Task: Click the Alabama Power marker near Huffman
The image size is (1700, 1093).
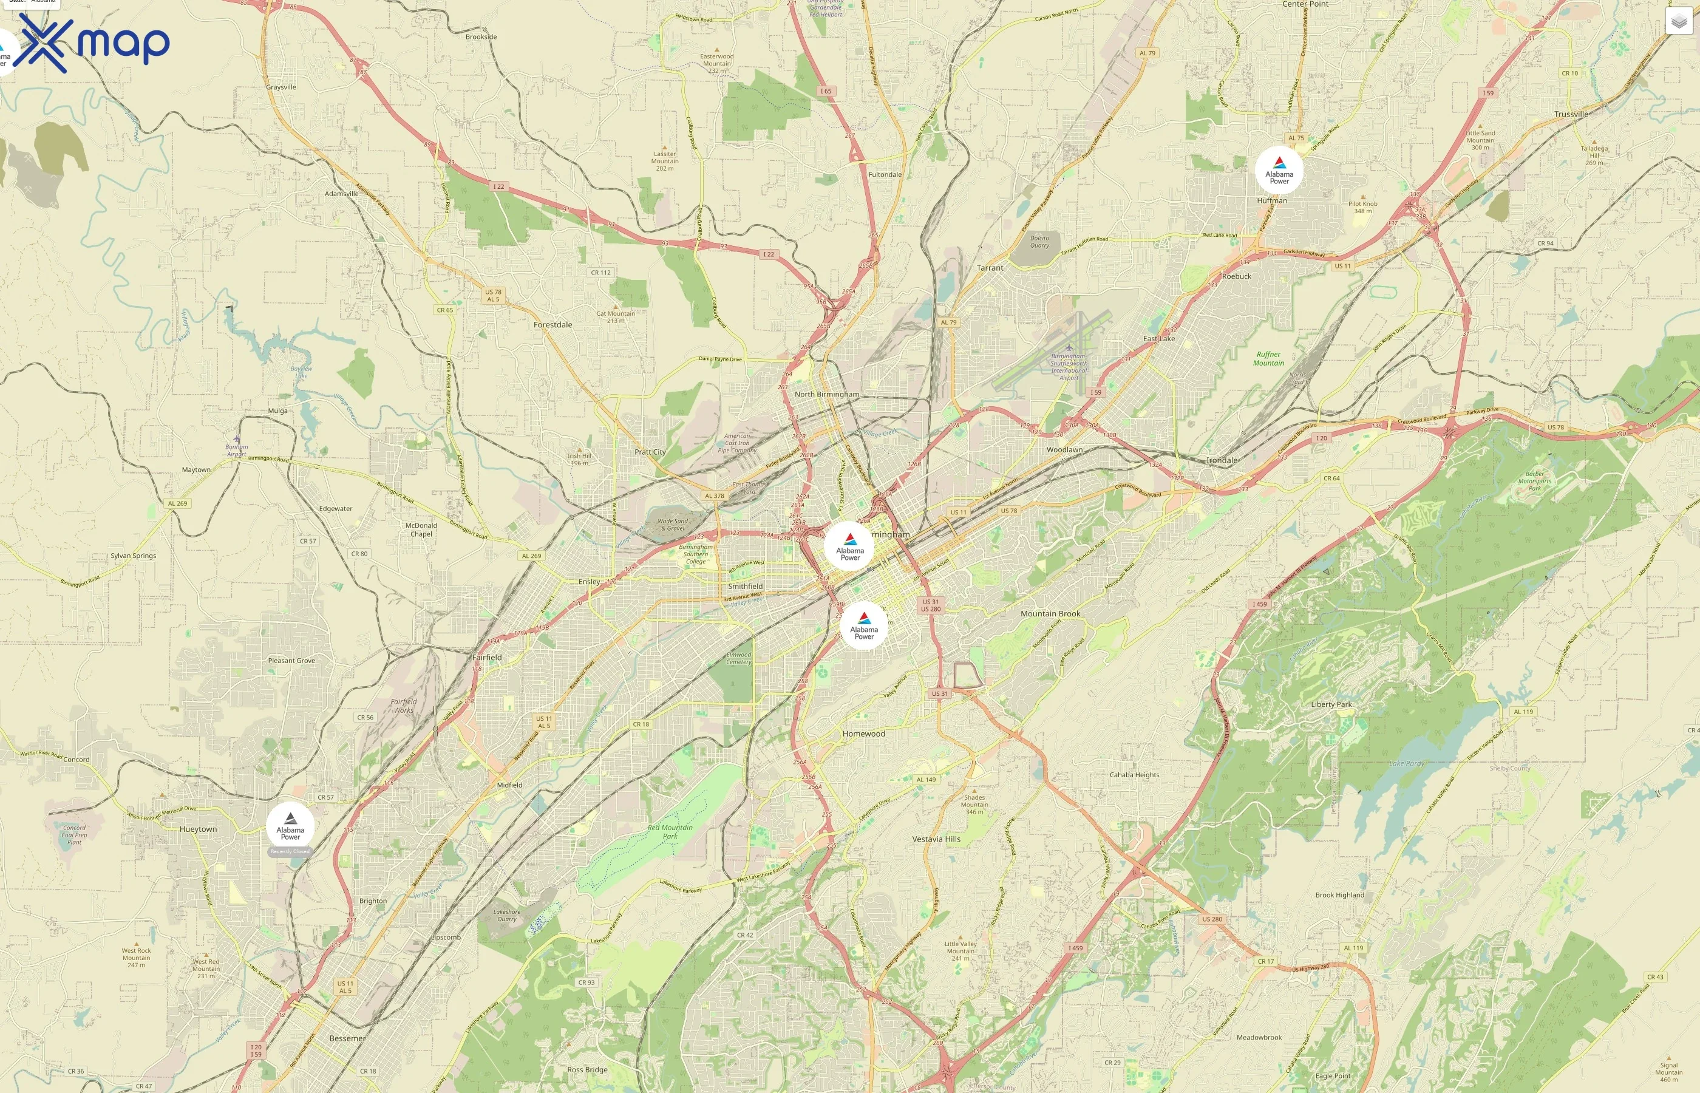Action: (1279, 171)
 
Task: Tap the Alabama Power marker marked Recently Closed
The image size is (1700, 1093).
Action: (290, 827)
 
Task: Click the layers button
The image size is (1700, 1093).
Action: (1678, 21)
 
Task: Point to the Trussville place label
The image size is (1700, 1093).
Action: (1571, 114)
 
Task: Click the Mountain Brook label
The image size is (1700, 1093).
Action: (1050, 614)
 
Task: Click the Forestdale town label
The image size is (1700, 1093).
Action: (552, 325)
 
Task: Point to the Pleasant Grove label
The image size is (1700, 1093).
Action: (291, 661)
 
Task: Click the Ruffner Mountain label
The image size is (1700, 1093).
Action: (1268, 358)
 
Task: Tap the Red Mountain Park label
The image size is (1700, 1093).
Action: (670, 832)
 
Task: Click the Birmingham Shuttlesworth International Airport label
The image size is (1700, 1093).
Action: (1069, 366)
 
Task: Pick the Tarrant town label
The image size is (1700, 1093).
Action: (990, 268)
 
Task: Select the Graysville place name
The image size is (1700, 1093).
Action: (281, 87)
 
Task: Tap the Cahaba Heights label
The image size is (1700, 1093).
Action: (1134, 775)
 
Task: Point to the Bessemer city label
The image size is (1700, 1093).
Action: (347, 1038)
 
